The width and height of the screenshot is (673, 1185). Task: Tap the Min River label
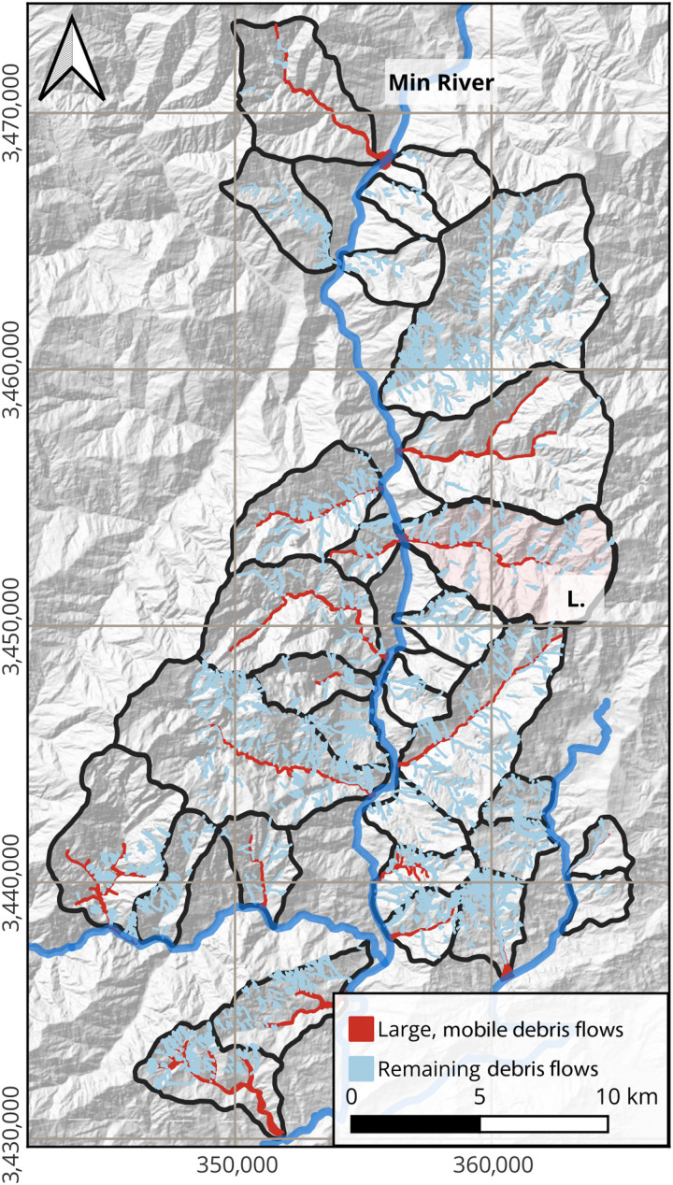click(x=441, y=83)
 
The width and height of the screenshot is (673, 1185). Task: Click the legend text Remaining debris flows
click(x=488, y=1066)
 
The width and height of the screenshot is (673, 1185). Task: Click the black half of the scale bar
click(x=416, y=1123)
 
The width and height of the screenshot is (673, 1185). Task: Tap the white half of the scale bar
click(x=545, y=1123)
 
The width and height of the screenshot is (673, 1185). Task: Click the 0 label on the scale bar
click(x=351, y=1095)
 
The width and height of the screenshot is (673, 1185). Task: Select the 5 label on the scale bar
click(x=480, y=1095)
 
